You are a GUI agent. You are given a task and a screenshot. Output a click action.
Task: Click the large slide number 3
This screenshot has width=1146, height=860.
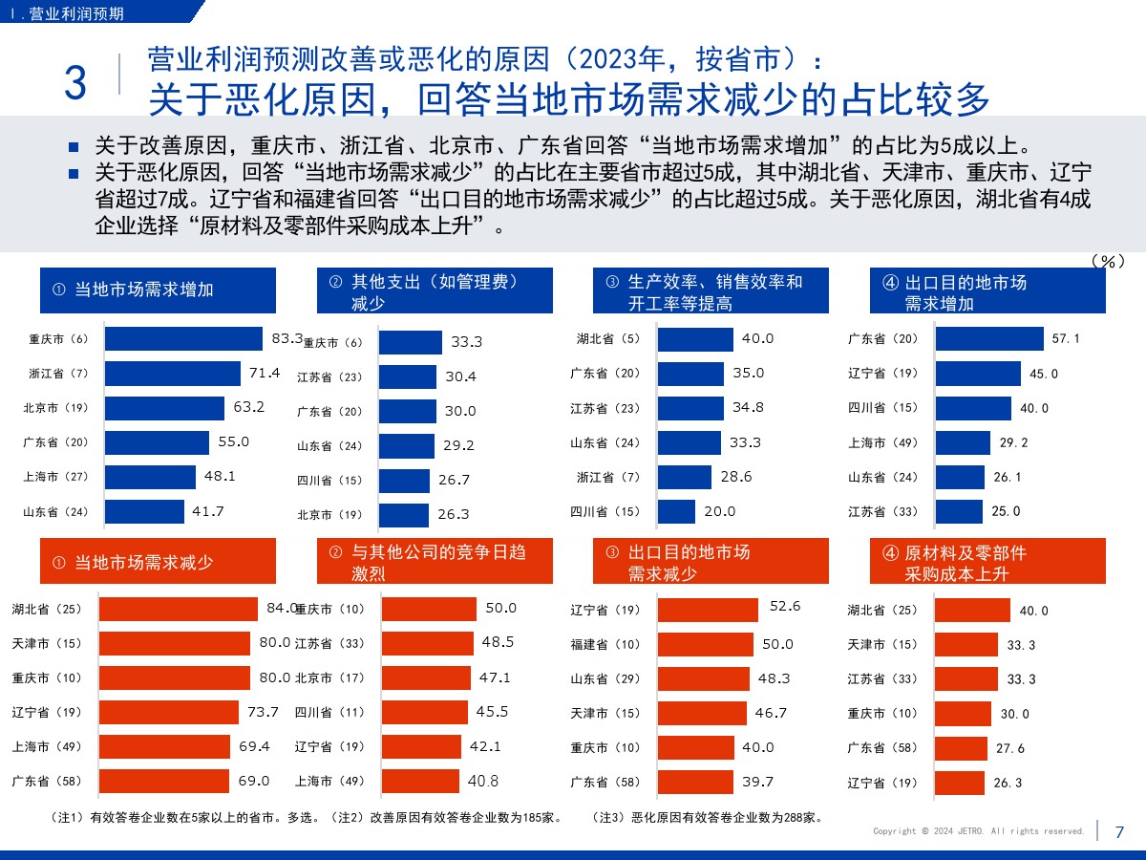[x=74, y=83]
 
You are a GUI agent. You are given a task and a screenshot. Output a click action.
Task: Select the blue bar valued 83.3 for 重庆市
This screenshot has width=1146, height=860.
[x=183, y=339]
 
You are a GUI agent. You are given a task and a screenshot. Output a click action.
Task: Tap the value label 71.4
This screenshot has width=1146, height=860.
[x=265, y=373]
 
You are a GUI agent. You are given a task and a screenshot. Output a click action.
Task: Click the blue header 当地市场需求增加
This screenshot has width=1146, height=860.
[x=158, y=290]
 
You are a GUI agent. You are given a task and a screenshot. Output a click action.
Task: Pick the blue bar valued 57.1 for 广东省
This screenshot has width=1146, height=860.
[x=989, y=339]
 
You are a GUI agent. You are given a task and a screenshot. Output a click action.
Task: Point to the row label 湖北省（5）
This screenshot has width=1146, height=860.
[x=608, y=338]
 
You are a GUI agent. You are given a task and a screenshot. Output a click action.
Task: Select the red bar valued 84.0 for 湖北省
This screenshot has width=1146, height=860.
[x=179, y=610]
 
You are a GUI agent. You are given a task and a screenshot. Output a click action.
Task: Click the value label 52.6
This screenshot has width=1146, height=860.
[x=784, y=606]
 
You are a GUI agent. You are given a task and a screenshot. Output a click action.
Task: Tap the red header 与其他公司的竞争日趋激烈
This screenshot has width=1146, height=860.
[x=435, y=563]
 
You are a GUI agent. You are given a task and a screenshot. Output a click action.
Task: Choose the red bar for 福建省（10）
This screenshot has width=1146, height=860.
[x=705, y=644]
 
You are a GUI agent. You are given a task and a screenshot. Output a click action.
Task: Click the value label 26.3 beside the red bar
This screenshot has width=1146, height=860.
[x=1008, y=783]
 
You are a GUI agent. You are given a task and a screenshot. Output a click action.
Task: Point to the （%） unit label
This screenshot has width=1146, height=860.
[x=1107, y=261]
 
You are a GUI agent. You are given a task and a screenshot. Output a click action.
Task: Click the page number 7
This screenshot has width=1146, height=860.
[x=1119, y=831]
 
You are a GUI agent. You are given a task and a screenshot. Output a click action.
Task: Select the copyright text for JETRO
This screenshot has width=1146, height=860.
[x=979, y=831]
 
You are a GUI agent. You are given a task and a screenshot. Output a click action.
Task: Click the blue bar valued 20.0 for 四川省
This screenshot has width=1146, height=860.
[x=676, y=511]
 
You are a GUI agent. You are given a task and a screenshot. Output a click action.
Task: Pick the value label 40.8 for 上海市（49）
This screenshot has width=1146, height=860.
[x=483, y=781]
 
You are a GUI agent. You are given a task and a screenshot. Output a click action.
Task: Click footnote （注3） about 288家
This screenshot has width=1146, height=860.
[x=708, y=818]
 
